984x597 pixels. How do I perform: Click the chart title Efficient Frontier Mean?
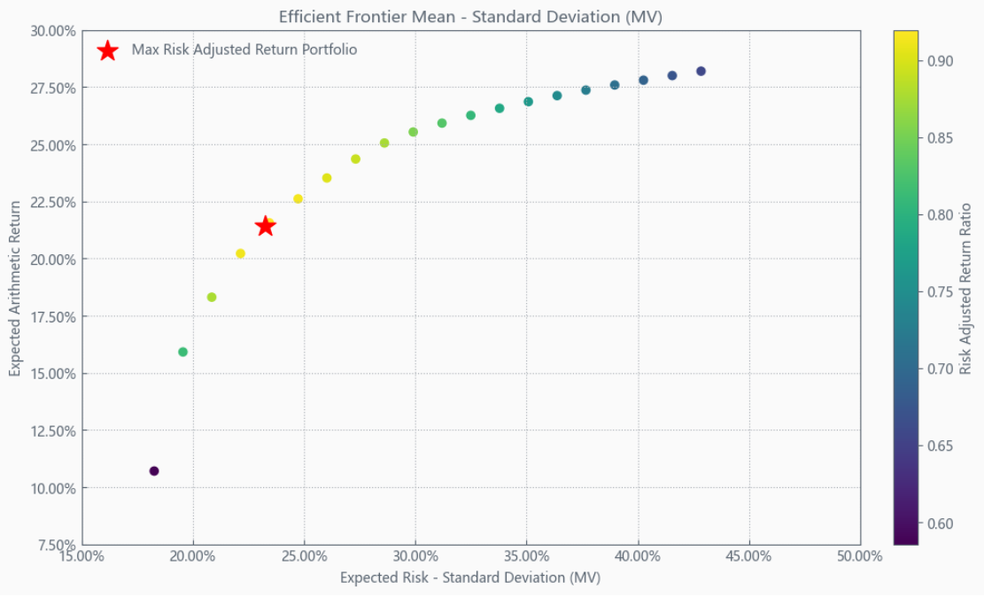click(470, 16)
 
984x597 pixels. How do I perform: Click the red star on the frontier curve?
click(265, 226)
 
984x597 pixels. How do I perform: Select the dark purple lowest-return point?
click(154, 471)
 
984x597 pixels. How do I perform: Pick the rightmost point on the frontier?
click(701, 71)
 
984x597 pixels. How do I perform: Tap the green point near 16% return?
click(183, 352)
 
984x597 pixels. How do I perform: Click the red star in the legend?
click(108, 50)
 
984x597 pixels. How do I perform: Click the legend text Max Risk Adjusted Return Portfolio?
click(244, 50)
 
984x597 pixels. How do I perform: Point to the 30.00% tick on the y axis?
click(53, 31)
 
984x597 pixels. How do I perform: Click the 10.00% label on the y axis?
click(53, 488)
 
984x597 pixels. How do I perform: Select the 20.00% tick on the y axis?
click(53, 260)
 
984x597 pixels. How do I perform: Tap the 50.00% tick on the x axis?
click(859, 556)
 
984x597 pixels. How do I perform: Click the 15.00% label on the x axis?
click(82, 556)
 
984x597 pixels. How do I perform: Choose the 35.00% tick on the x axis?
click(526, 556)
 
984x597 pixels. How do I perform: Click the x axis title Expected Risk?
click(470, 578)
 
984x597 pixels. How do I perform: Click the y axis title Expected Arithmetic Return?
click(16, 287)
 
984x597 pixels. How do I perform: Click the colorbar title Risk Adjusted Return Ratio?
click(966, 289)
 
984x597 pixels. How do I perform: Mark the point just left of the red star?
click(240, 253)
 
